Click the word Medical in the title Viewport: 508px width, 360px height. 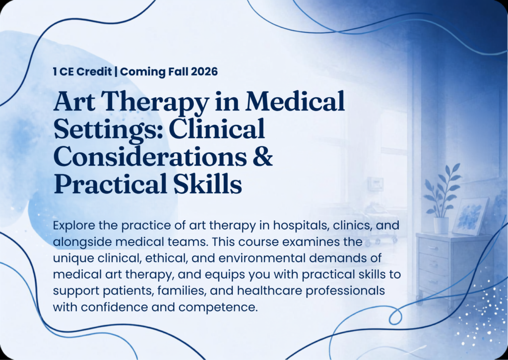coord(295,101)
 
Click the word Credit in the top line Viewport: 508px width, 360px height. coord(95,71)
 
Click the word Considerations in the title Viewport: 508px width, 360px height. coord(150,156)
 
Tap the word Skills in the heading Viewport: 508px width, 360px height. coord(207,183)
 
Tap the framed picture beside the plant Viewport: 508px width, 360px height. coord(470,216)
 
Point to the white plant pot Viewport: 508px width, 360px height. coord(441,225)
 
